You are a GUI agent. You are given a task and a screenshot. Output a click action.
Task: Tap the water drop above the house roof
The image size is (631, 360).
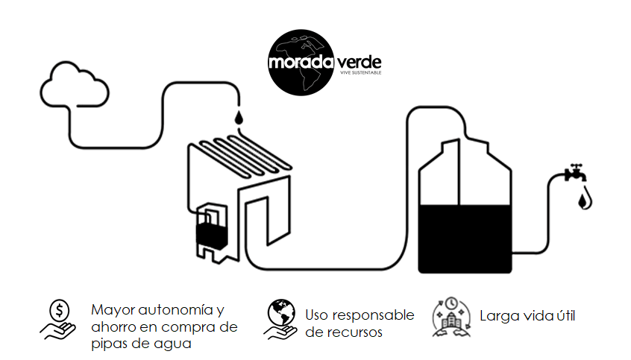pyautogui.click(x=239, y=117)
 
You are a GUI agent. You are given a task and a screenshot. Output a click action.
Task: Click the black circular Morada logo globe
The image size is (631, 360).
pyautogui.click(x=301, y=63)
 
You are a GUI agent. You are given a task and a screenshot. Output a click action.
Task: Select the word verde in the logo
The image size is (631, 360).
pyautogui.click(x=359, y=62)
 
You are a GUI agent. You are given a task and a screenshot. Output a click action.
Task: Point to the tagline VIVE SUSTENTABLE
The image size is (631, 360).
pyautogui.click(x=360, y=72)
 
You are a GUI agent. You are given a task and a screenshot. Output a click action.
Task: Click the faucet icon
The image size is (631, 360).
pyautogui.click(x=576, y=173)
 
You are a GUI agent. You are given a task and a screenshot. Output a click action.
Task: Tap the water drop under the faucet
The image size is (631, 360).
pyautogui.click(x=585, y=200)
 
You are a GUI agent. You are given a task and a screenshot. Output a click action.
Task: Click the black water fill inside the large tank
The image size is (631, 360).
pyautogui.click(x=465, y=239)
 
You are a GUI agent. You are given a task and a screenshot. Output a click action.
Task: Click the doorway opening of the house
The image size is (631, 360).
pyautogui.click(x=257, y=221)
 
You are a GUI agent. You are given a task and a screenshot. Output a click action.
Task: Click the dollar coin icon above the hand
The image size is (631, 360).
pyautogui.click(x=59, y=311)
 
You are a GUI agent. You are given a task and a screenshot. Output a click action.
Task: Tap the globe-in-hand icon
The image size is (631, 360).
pyautogui.click(x=281, y=319)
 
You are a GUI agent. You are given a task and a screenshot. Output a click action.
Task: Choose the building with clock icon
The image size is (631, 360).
pyautogui.click(x=451, y=317)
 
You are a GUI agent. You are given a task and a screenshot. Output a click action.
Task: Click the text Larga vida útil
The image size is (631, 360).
pyautogui.click(x=527, y=316)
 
